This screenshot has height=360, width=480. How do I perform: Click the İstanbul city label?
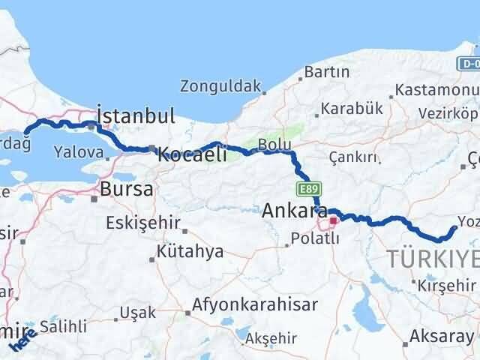tap(136, 117)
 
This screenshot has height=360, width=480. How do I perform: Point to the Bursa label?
tap(127, 189)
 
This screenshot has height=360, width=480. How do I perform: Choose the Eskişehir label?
tap(144, 223)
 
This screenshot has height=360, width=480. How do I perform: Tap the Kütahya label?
tap(190, 251)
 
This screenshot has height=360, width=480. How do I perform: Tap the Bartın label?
tap(327, 73)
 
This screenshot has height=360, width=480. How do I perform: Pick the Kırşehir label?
tap(448, 286)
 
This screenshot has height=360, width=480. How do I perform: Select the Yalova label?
tap(78, 151)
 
